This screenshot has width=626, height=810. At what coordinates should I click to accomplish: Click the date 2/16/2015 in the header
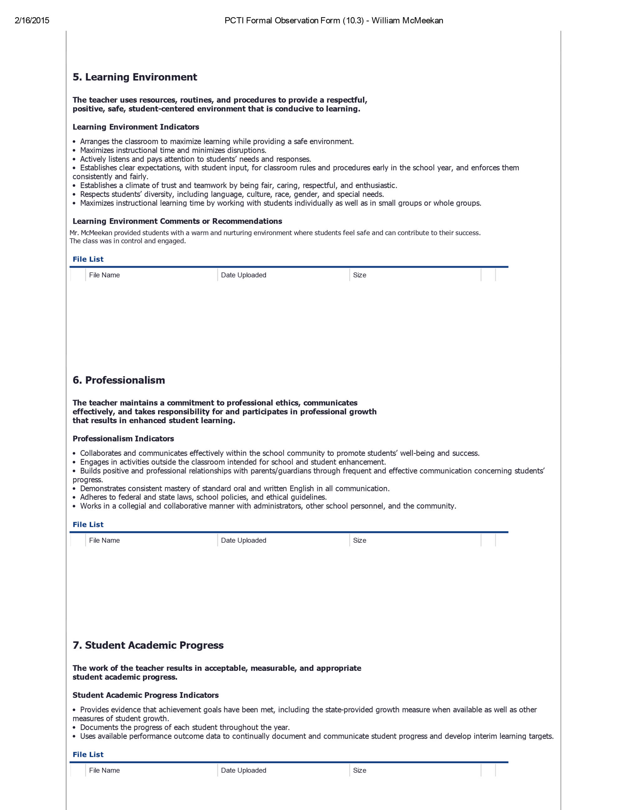point(32,21)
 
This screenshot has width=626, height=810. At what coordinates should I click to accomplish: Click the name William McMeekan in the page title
point(407,21)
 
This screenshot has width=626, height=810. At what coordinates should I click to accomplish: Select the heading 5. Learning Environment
point(135,77)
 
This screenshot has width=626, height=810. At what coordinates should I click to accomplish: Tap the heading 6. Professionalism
point(119,380)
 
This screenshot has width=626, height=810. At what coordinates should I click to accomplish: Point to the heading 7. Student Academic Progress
point(148,645)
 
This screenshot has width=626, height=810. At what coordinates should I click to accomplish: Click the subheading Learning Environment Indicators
point(136,127)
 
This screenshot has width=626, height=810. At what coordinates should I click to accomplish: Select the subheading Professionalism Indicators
point(123,439)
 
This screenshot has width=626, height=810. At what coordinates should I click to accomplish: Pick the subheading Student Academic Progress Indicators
point(145,695)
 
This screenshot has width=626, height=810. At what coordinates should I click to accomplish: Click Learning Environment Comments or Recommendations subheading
point(177,221)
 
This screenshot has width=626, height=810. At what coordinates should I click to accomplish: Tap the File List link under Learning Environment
point(88,259)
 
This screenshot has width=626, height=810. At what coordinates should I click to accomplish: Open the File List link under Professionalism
point(88,525)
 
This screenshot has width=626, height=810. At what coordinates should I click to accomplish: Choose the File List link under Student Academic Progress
point(88,754)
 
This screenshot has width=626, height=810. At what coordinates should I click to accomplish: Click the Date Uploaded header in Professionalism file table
point(243,541)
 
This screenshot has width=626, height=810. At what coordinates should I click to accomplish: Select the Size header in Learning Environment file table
point(359,275)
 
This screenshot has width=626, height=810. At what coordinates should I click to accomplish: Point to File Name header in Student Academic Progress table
point(104,770)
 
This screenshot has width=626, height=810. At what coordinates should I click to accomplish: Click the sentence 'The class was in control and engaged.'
point(128,241)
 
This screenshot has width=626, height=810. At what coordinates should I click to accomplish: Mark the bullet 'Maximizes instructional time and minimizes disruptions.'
point(173,150)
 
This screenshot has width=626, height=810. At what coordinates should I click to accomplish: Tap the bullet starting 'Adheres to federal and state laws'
point(203,497)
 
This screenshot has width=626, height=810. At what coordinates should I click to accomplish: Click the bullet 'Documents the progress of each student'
point(185,727)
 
